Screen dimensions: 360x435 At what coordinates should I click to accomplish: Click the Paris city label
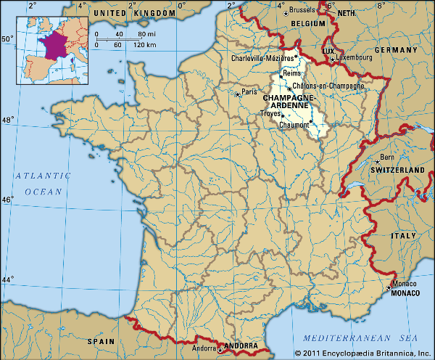click(250, 92)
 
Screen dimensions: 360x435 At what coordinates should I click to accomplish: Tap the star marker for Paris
click(237, 94)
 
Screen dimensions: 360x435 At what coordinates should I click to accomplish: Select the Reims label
click(294, 74)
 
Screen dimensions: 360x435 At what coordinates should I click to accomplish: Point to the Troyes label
click(272, 113)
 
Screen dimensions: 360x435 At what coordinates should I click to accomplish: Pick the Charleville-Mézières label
click(262, 57)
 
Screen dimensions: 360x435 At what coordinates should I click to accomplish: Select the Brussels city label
click(302, 10)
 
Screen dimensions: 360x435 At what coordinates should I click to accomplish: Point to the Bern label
click(388, 157)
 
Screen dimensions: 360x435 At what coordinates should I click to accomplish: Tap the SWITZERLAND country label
click(397, 169)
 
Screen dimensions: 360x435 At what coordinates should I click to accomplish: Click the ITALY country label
click(404, 236)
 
